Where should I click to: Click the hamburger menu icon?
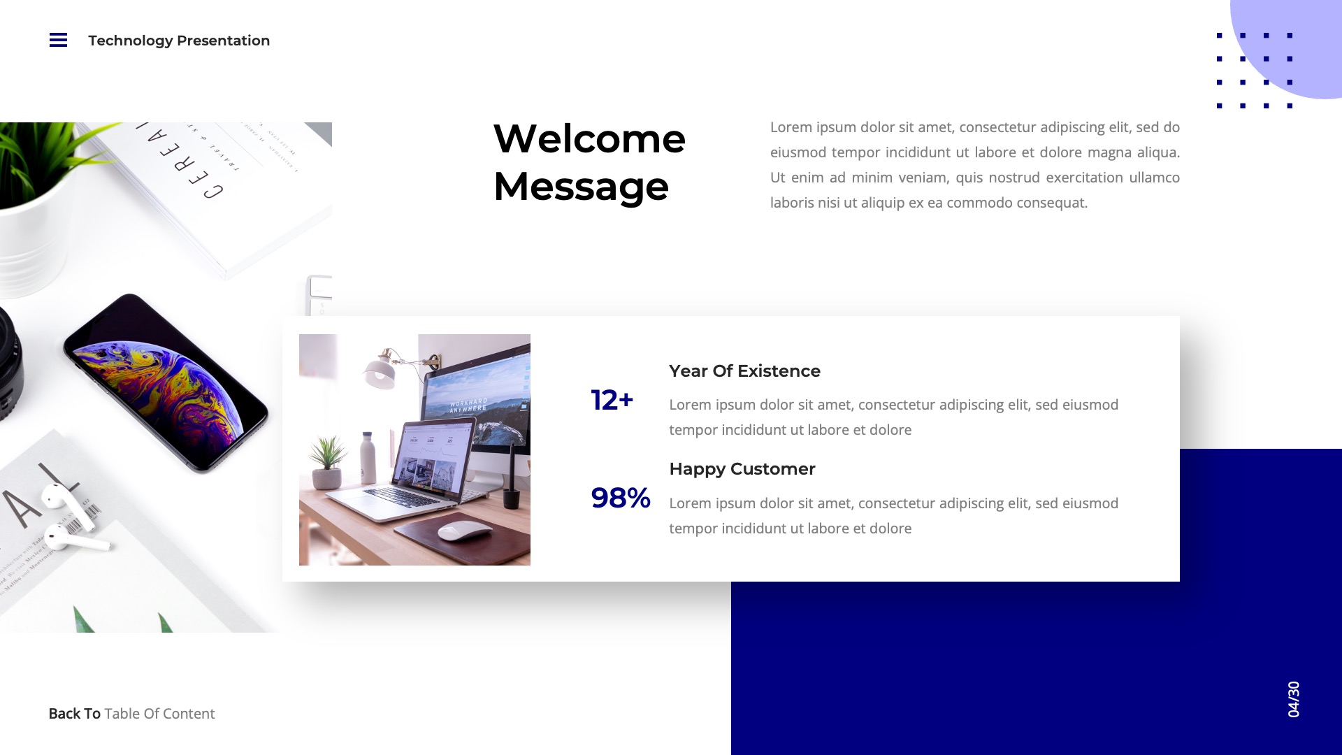tap(58, 41)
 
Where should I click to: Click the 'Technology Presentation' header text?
tap(179, 41)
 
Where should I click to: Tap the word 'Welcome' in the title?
tap(589, 138)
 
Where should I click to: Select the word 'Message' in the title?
tap(581, 187)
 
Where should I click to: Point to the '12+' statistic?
tap(612, 401)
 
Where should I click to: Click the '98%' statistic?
tap(620, 498)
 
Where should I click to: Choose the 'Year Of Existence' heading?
tap(744, 371)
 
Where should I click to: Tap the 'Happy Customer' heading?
tap(742, 469)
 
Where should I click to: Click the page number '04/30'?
tap(1294, 699)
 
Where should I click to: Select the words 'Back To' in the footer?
tap(74, 714)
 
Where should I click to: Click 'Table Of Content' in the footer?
tap(159, 714)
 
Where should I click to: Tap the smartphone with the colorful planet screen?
tap(165, 383)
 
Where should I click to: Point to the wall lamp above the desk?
tap(381, 369)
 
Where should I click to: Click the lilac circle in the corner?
tap(1300, 42)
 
